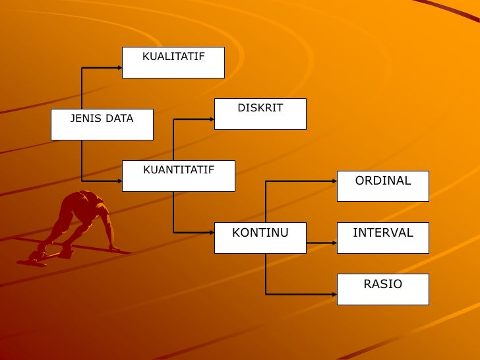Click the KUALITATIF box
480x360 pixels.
click(173, 63)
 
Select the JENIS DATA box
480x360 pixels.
click(102, 124)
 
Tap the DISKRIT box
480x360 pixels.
click(260, 113)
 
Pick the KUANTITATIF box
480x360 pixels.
click(178, 176)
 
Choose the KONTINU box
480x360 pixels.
click(260, 237)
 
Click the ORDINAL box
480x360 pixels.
click(382, 186)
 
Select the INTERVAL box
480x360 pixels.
click(382, 237)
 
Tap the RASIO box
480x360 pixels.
click(382, 289)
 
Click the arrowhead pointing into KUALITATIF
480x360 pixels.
click(119, 68)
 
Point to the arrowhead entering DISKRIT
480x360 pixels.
click(212, 119)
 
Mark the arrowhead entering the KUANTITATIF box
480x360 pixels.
click(119, 181)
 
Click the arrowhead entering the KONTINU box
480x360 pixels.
click(212, 232)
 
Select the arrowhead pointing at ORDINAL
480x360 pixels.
click(334, 181)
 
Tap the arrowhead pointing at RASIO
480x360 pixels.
click(334, 294)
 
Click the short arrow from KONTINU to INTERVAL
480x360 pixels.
click(322, 243)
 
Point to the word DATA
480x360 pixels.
click(119, 119)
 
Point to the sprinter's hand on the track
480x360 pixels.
click(115, 249)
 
